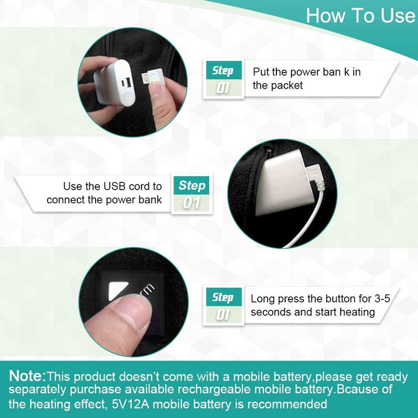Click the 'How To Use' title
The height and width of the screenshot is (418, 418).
[x=361, y=15]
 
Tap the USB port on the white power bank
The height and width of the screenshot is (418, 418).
[x=127, y=82]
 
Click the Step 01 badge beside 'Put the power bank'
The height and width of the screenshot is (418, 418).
[x=224, y=79]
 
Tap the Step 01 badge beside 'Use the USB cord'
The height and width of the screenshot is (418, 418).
[x=192, y=193]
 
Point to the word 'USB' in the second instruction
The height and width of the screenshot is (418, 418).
[x=114, y=187]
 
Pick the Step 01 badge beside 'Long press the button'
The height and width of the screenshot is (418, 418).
[x=224, y=306]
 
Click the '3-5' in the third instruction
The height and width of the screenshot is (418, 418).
[x=382, y=298]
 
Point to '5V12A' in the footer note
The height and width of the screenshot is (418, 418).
[x=131, y=404]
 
